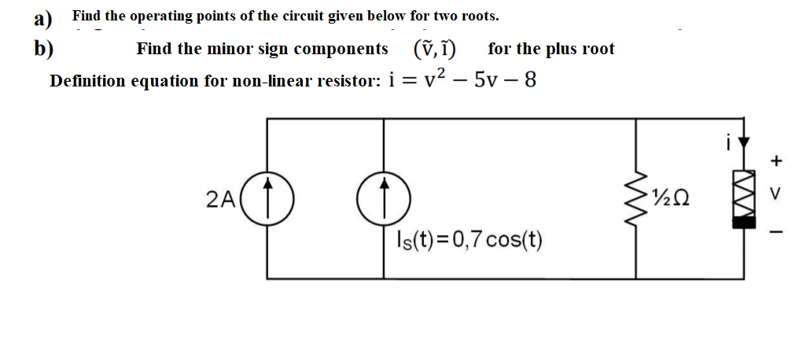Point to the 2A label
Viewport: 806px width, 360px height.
[220, 200]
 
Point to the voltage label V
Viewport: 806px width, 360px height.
[777, 193]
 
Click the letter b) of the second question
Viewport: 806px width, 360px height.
[43, 49]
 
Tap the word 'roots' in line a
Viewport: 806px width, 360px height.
[477, 16]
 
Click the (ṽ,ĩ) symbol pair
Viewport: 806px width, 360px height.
[437, 49]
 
